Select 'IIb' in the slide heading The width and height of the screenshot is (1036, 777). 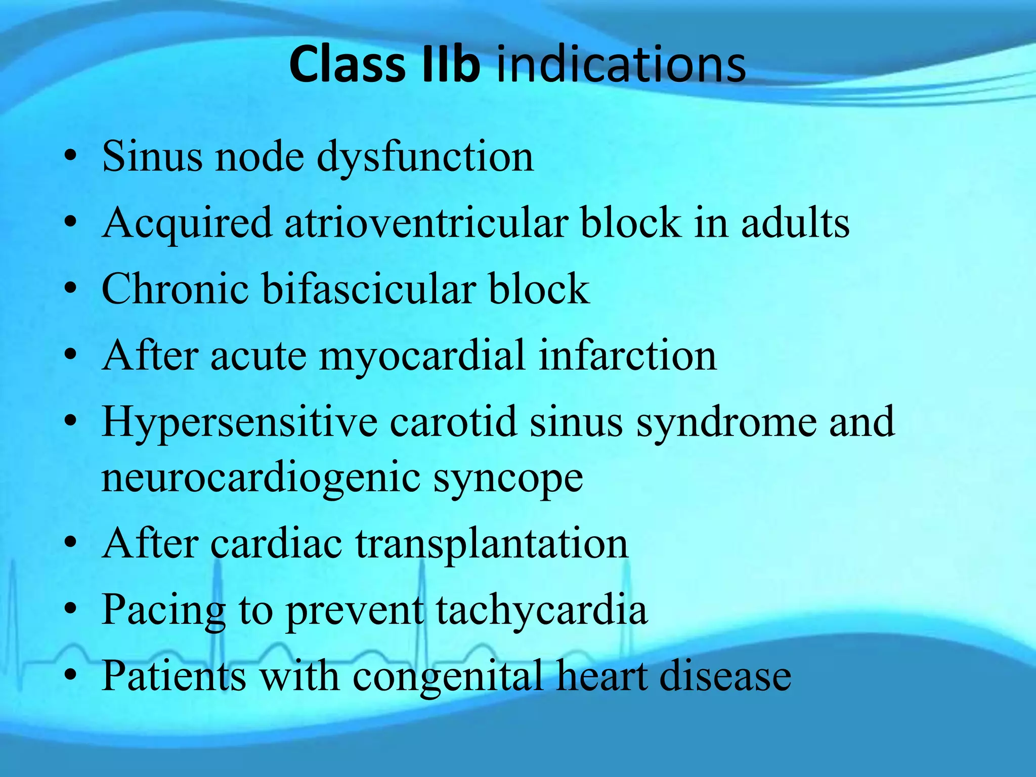pos(450,65)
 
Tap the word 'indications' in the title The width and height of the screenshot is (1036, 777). pos(621,65)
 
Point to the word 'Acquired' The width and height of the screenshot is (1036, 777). pos(187,224)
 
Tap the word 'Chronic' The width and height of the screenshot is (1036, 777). pos(175,289)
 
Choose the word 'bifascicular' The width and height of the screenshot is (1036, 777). pos(369,289)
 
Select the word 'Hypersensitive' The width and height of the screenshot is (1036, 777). pos(239,423)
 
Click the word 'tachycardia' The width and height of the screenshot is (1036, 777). pos(541,611)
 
